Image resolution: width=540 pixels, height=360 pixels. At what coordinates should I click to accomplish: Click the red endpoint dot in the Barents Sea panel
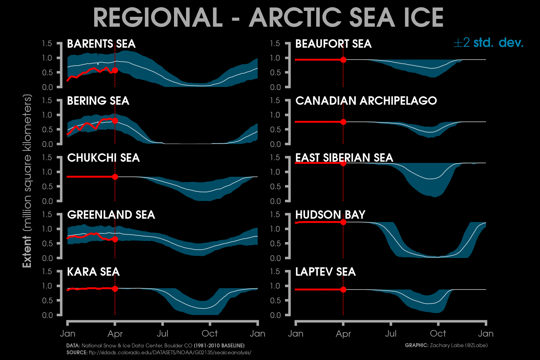tap(115, 70)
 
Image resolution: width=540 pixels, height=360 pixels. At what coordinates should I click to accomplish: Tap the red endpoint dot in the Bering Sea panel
tap(115, 121)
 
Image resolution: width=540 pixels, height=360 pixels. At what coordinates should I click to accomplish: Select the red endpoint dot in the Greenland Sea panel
tap(115, 239)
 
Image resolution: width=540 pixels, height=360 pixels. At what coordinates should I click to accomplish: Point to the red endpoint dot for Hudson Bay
tap(343, 222)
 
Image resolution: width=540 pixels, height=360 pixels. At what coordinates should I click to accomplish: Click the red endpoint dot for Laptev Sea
tap(343, 289)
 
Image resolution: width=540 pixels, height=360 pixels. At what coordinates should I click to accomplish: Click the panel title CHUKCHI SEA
tap(103, 158)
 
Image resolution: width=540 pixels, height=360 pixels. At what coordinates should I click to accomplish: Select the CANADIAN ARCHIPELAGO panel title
tap(366, 101)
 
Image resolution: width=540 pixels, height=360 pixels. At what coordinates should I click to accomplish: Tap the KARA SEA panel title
tap(93, 272)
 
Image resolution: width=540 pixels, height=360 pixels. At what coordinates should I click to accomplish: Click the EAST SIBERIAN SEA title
tap(344, 158)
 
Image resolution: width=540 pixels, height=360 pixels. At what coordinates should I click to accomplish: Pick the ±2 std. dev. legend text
tap(488, 43)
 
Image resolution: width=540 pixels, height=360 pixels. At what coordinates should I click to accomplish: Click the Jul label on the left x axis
tap(162, 334)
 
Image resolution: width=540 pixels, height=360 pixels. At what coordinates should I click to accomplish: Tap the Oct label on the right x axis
tap(438, 334)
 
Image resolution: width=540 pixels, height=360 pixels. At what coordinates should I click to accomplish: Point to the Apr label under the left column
tap(115, 334)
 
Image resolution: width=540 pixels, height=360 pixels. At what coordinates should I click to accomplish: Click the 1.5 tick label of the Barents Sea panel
tap(47, 44)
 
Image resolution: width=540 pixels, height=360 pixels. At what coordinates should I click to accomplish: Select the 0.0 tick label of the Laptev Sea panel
tap(275, 315)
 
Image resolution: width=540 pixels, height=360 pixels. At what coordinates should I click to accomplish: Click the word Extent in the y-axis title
tap(27, 252)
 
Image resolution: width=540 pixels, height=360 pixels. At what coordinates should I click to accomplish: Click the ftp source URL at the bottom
tap(170, 352)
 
